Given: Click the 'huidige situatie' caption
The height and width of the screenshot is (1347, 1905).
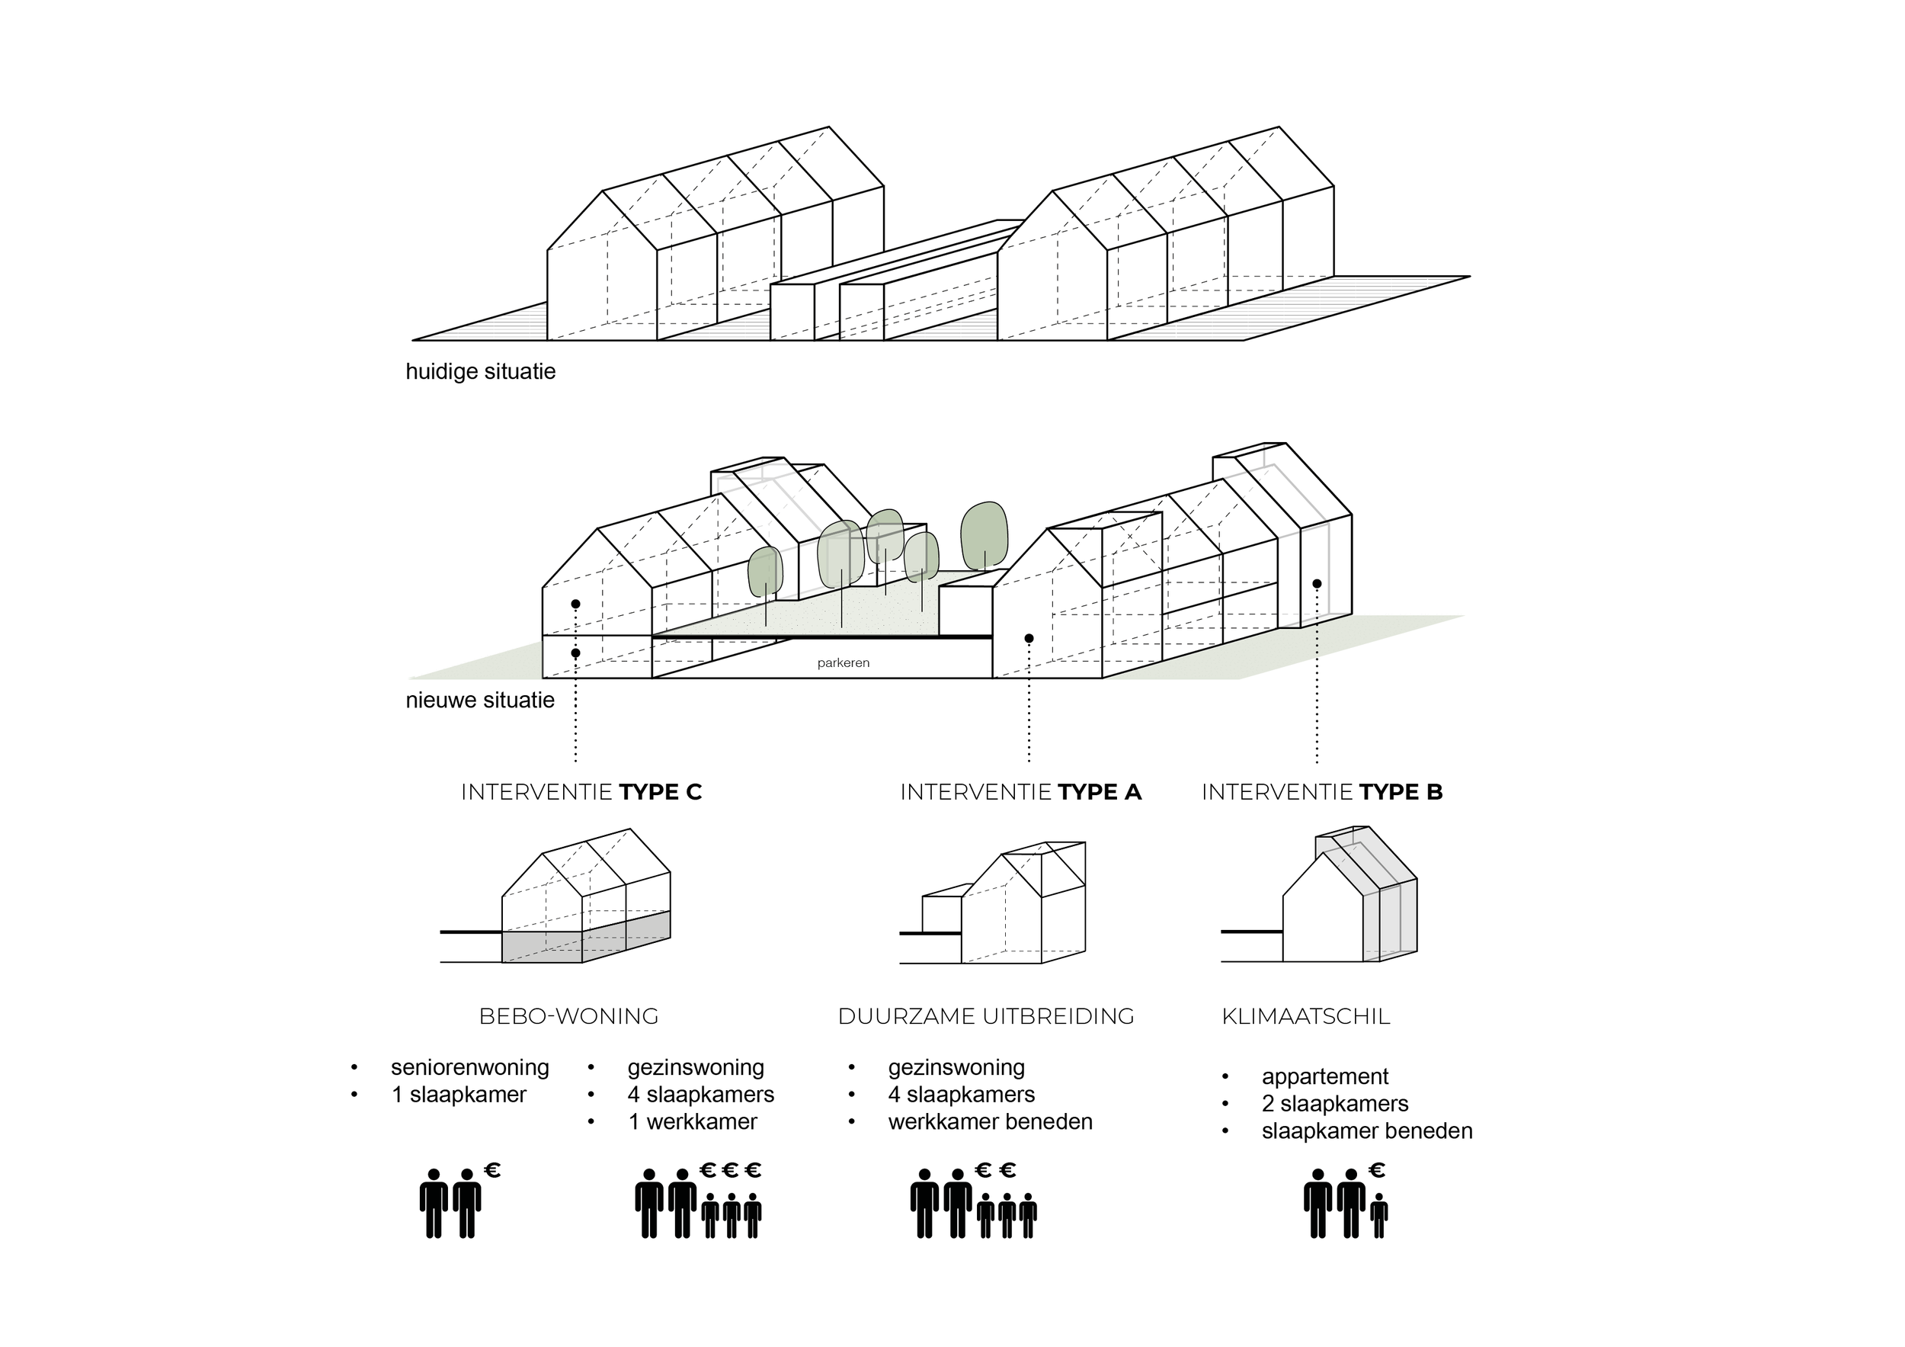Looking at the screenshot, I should [x=480, y=371].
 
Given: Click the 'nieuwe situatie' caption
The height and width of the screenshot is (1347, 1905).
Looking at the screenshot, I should [x=479, y=700].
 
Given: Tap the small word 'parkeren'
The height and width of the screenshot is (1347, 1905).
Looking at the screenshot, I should [x=843, y=663].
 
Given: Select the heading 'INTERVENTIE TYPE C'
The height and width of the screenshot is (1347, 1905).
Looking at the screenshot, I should [x=581, y=792].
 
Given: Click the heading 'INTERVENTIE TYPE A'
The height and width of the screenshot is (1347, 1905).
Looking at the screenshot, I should [x=1020, y=792].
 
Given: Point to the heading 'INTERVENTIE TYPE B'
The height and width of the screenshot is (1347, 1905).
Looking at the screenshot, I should [x=1322, y=792].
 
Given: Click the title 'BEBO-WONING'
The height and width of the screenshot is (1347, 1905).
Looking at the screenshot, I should [x=568, y=1016].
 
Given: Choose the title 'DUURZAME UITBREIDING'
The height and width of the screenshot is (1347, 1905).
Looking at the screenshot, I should [x=986, y=1016].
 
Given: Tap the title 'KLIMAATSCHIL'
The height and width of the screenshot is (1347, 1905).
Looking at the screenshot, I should [x=1305, y=1016].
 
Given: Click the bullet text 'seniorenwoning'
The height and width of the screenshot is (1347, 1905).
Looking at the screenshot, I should [x=469, y=1067].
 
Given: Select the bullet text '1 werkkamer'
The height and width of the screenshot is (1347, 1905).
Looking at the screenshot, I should [x=693, y=1122].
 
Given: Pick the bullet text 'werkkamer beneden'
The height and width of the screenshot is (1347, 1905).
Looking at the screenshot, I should [x=990, y=1122].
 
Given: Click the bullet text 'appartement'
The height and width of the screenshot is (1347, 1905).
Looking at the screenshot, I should [x=1324, y=1076].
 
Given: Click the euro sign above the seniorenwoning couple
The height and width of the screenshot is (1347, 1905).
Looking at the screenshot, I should [x=492, y=1170].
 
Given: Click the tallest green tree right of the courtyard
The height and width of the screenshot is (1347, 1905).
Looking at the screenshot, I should [x=984, y=535].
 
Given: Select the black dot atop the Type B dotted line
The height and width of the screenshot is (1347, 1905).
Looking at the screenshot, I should [x=1317, y=584].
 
